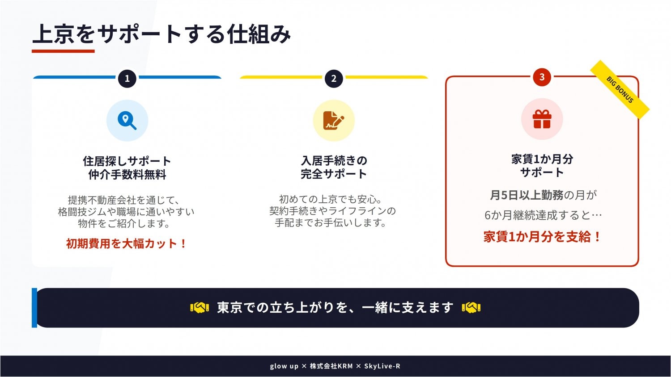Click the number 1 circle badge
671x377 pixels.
127,79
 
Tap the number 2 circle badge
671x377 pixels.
334,79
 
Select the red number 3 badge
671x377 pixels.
542,77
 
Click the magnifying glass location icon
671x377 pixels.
127,121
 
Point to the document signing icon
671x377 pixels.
334,121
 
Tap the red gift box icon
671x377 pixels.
542,119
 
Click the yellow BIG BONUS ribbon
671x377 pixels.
620,90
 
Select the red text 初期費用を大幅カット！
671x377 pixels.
126,243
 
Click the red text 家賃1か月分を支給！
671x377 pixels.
542,237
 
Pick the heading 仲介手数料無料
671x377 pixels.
127,175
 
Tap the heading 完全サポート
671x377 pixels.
334,174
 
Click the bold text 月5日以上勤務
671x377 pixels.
527,195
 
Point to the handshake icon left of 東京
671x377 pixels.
200,308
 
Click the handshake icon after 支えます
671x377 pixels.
471,308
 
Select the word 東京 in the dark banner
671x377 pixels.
229,308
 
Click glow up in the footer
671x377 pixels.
284,366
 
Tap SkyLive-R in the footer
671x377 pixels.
382,366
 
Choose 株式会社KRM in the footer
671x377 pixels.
331,366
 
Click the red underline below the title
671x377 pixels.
63,51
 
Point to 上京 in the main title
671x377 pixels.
53,34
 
